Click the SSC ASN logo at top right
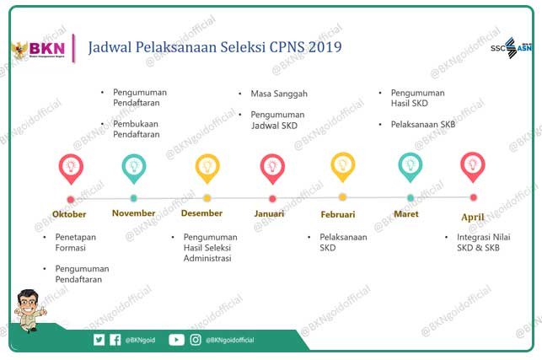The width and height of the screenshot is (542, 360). click(512, 47)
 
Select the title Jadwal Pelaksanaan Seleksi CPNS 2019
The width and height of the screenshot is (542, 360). click(215, 47)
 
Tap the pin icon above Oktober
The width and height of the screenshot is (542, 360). click(70, 168)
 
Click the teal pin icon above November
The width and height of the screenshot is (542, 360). click(133, 168)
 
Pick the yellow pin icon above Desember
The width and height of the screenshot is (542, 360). click(207, 168)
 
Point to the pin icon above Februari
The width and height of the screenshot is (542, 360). click(342, 168)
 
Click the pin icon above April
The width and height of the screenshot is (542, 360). click(473, 167)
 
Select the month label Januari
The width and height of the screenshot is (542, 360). click(269, 213)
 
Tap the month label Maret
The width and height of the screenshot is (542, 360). click(406, 213)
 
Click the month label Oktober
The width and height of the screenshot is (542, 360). click(69, 214)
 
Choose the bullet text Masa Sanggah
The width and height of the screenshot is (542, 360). click(278, 93)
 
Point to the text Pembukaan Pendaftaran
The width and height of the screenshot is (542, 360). click(136, 128)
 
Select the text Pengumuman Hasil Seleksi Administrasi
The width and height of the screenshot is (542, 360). click(210, 248)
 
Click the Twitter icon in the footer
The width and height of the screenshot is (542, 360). click(99, 340)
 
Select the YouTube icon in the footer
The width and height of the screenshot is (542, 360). click(176, 340)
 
